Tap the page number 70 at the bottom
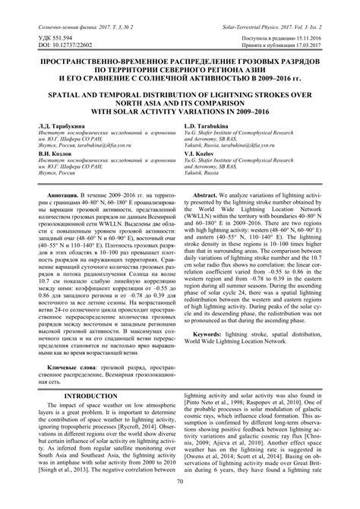(180, 502)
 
